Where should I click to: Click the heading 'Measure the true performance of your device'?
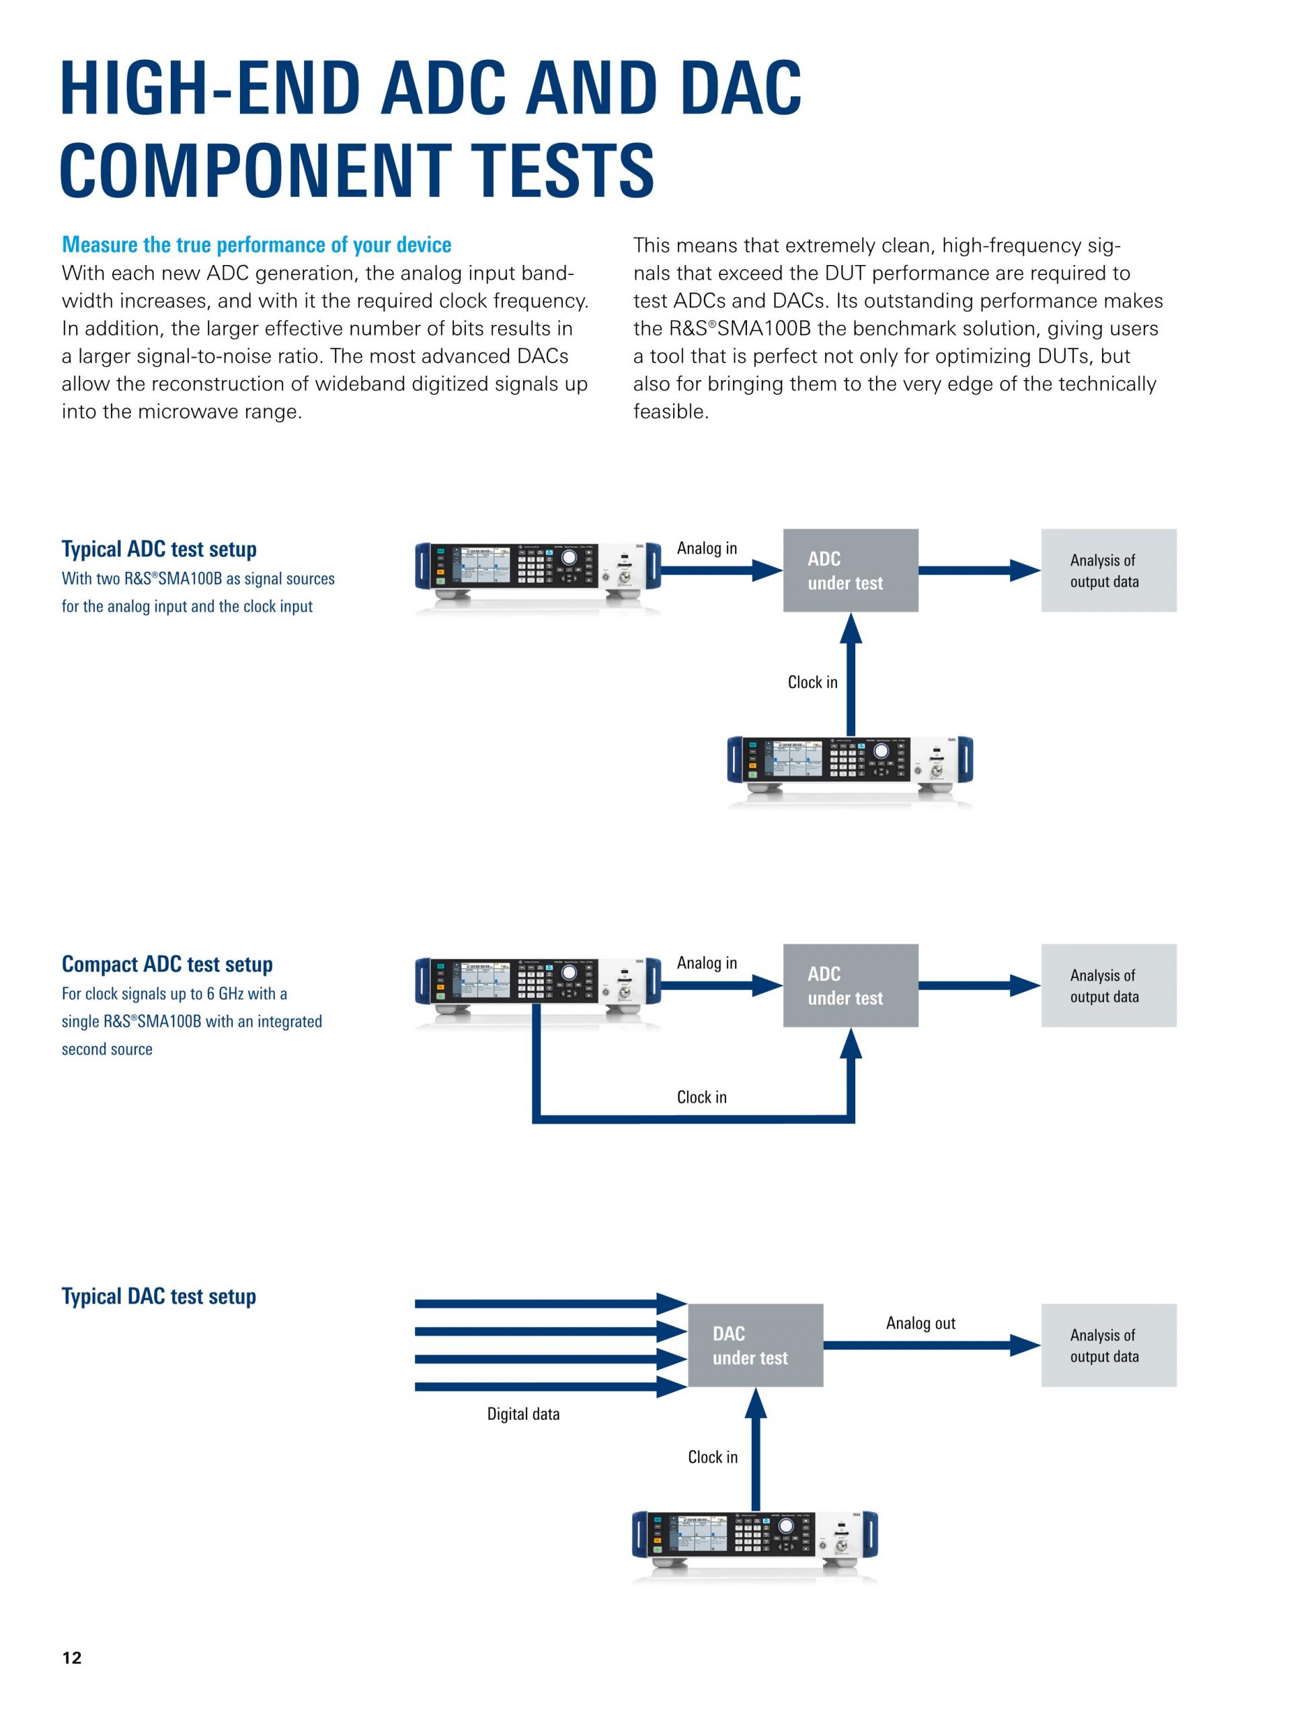(257, 244)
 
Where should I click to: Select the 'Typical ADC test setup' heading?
(159, 549)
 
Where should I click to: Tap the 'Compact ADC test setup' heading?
(167, 964)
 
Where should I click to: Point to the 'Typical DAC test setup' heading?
(159, 1296)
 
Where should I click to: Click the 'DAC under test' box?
(756, 1345)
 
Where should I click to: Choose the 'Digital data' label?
(523, 1414)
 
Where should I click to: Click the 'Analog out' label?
(921, 1322)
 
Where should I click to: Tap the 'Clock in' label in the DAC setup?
(713, 1456)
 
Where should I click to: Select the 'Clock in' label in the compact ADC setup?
(702, 1097)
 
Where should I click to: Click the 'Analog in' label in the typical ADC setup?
(707, 548)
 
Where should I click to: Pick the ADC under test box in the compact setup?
(851, 985)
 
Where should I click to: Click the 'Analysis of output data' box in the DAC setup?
(1109, 1345)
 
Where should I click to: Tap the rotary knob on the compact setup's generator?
(570, 974)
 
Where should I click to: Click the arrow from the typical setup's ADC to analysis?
(980, 570)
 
